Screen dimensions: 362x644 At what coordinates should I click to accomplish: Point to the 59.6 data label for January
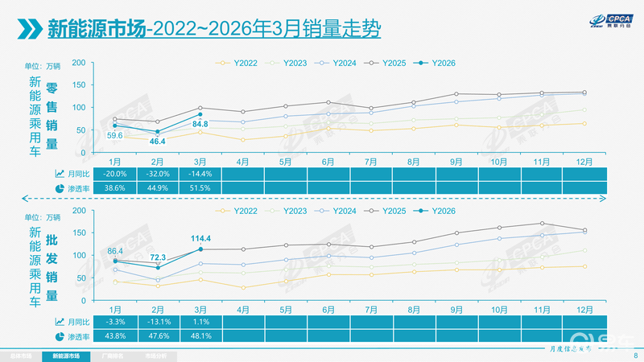pyautogui.click(x=115, y=136)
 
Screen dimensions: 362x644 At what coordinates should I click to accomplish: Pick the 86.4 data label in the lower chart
pyautogui.click(x=115, y=252)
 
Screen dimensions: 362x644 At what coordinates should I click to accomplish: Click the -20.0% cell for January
pyautogui.click(x=115, y=173)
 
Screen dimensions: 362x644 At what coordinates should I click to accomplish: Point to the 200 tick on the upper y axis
pyautogui.click(x=79, y=63)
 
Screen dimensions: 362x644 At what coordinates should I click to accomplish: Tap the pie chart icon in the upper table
pyautogui.click(x=60, y=188)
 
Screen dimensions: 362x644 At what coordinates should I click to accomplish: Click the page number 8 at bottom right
pyautogui.click(x=635, y=355)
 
